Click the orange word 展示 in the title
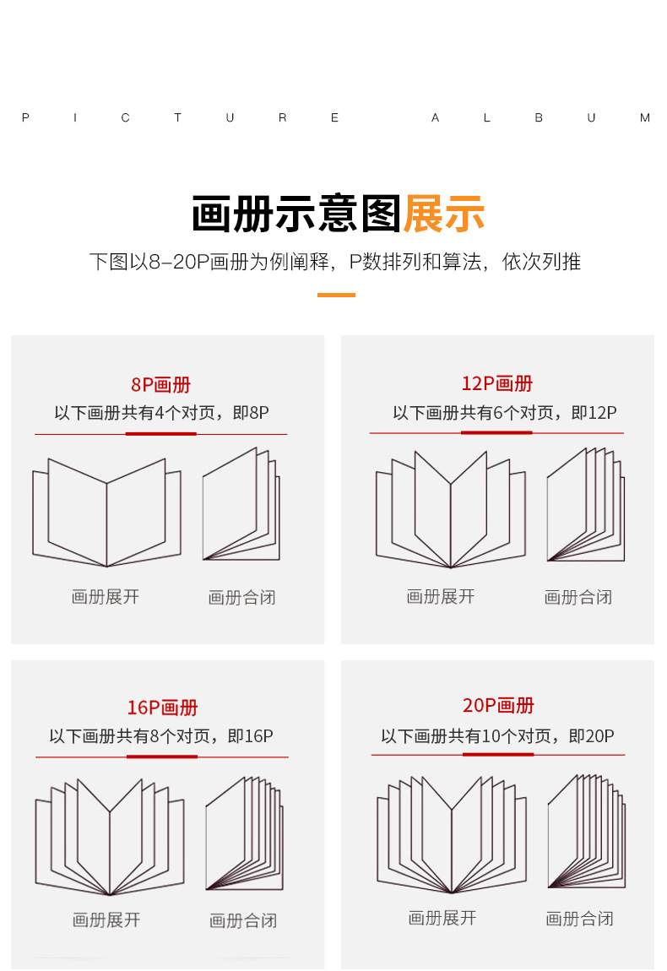(x=444, y=214)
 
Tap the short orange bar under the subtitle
(x=336, y=295)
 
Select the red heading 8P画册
(x=160, y=385)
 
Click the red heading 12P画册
(x=497, y=383)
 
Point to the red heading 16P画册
(x=162, y=708)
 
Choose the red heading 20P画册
(x=498, y=705)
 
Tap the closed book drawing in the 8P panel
(x=241, y=507)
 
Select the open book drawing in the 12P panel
(x=450, y=510)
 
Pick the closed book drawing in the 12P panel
(x=585, y=507)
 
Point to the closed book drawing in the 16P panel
(x=244, y=834)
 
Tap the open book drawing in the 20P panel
(x=451, y=835)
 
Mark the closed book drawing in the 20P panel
(x=586, y=833)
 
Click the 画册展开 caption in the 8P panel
(x=106, y=597)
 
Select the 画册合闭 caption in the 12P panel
(x=578, y=598)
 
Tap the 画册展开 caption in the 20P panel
(x=442, y=918)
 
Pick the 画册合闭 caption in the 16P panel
(x=243, y=920)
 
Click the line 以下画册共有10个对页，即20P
(x=497, y=736)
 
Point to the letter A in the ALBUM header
(x=436, y=118)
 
